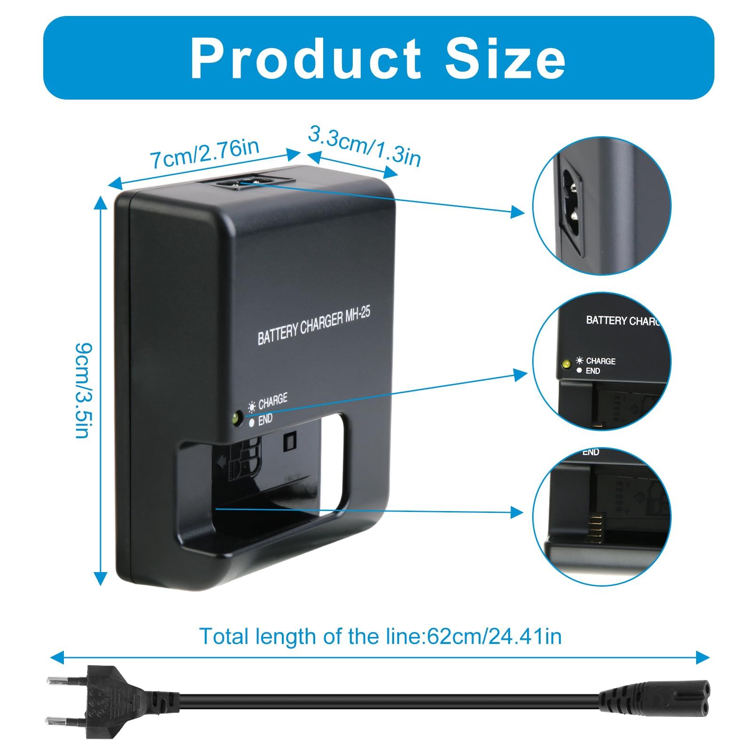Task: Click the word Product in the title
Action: pos(306,58)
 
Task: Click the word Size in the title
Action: pos(505,58)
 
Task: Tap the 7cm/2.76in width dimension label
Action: pos(205,153)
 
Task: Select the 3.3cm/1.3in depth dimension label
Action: pos(364,145)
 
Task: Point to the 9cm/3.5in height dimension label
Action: pos(83,390)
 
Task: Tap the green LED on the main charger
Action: pos(236,417)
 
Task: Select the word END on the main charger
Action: pos(265,419)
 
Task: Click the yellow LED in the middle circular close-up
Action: pos(566,364)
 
